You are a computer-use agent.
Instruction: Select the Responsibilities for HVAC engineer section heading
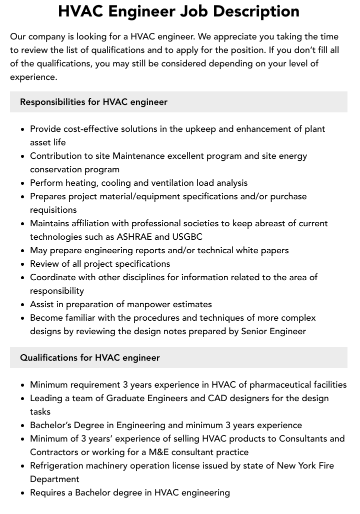tap(93, 102)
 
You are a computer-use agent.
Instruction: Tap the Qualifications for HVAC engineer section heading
tap(90, 358)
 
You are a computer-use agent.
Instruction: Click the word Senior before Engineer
tap(256, 331)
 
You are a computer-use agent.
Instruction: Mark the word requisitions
tap(53, 210)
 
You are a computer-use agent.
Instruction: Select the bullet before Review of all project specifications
tap(22, 264)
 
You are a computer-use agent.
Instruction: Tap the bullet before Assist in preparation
tap(22, 305)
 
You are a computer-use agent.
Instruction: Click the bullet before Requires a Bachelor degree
tap(22, 493)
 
